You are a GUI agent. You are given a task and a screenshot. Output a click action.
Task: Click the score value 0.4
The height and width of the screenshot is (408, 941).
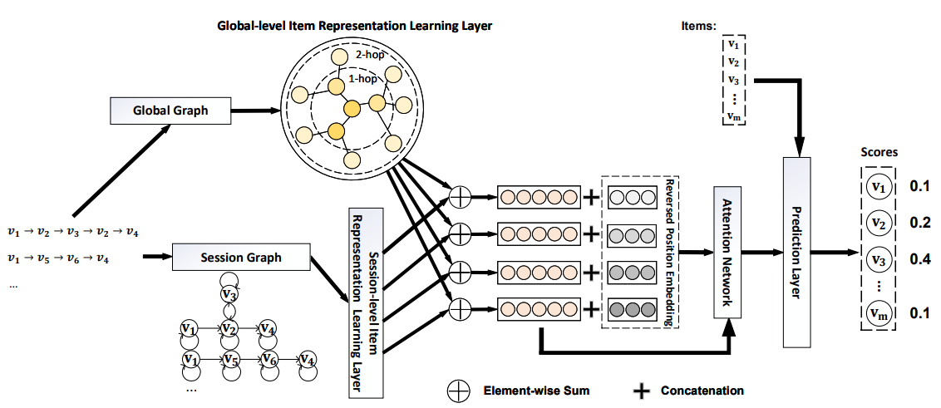pyautogui.click(x=919, y=258)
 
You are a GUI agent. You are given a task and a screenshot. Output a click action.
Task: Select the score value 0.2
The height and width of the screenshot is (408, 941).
pyautogui.click(x=919, y=223)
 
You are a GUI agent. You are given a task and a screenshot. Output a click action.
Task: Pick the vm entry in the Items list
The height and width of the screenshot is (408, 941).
pyautogui.click(x=732, y=116)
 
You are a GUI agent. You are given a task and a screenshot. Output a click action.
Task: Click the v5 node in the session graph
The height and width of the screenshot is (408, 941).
pyautogui.click(x=230, y=360)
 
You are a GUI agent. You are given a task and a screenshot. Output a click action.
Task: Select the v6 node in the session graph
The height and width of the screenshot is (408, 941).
pyautogui.click(x=269, y=360)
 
